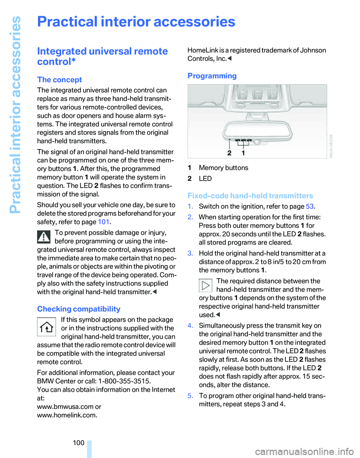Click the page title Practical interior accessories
click(136, 22)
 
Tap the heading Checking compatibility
click(79, 309)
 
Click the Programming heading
click(212, 76)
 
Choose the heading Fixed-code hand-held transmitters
click(250, 196)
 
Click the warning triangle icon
click(45, 237)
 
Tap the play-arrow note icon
click(205, 285)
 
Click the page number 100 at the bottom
click(79, 443)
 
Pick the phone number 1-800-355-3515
click(122, 381)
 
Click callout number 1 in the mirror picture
click(243, 153)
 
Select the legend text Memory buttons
click(223, 168)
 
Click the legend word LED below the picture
click(205, 179)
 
